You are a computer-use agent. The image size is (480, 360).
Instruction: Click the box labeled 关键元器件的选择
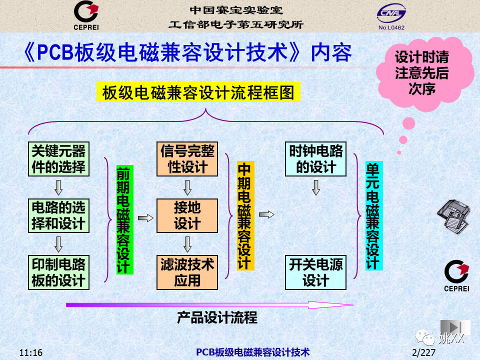click(58, 159)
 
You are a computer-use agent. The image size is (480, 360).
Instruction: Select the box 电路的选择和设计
click(58, 215)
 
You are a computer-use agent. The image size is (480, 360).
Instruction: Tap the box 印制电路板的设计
click(58, 272)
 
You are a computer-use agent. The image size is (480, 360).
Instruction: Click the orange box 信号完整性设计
click(187, 159)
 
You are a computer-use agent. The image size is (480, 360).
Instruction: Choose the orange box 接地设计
click(187, 215)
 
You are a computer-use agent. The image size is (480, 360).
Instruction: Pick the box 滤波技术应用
click(187, 272)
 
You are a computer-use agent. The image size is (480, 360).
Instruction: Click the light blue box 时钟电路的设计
click(315, 159)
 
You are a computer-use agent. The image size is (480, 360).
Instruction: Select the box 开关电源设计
click(315, 272)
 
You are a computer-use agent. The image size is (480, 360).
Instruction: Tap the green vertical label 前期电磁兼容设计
click(124, 219)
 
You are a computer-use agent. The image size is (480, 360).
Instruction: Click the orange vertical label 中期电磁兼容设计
click(245, 216)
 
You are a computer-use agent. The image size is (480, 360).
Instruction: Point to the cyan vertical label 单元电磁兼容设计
click(374, 216)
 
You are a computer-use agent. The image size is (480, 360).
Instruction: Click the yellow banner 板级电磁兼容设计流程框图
click(198, 92)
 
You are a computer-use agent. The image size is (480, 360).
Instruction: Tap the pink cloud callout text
click(422, 73)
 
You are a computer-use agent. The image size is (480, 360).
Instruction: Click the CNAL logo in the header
click(391, 16)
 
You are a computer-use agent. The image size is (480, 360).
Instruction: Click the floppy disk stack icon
click(453, 216)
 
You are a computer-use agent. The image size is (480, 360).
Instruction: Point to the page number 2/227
click(423, 352)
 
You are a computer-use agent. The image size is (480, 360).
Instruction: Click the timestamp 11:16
click(31, 352)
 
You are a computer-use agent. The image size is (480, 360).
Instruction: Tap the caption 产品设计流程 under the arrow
click(217, 317)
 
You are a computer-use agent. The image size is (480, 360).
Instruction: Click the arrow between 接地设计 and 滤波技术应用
click(187, 244)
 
